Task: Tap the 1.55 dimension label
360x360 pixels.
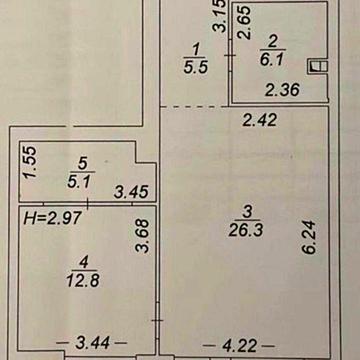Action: click(x=30, y=163)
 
